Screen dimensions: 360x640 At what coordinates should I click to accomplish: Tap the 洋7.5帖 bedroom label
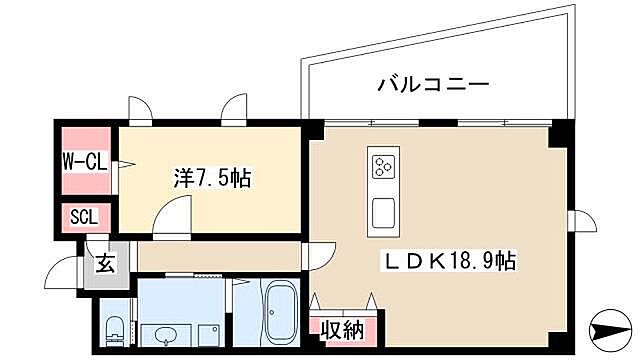click(x=213, y=179)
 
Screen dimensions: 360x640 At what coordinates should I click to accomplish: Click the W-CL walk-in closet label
click(x=86, y=160)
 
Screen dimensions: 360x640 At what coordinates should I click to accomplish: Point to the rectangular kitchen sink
click(x=383, y=211)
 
